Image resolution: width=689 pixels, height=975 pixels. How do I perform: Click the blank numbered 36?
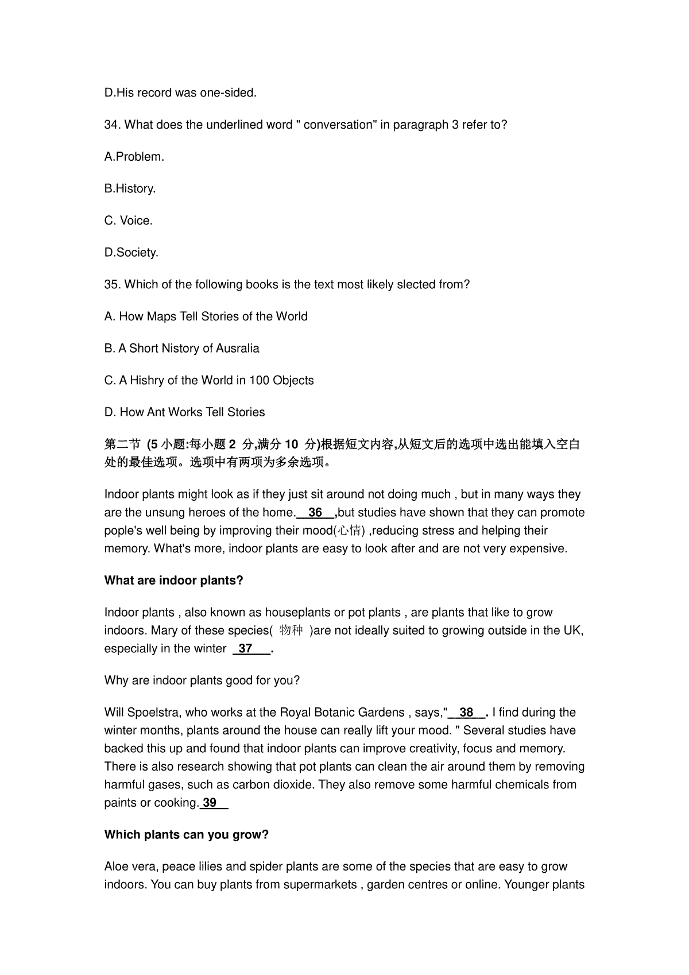point(315,513)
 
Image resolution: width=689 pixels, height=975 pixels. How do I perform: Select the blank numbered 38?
point(466,713)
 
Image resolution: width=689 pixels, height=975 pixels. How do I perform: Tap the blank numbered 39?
point(211,803)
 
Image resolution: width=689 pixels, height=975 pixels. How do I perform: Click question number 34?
point(112,125)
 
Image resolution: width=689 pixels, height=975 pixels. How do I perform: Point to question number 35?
point(112,284)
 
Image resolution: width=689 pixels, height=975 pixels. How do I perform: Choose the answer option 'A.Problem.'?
point(134,157)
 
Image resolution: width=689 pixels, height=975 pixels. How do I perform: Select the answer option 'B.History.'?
point(130,188)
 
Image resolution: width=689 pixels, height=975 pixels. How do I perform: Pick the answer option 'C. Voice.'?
point(129,220)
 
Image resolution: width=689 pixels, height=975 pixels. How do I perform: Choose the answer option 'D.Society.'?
point(131,253)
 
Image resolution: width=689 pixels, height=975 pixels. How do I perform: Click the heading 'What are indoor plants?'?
point(173,581)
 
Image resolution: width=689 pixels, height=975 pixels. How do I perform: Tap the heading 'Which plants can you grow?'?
point(186,835)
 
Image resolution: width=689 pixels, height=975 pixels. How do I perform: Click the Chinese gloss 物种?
point(291,630)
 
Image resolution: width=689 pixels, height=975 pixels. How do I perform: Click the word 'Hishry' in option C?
point(147,380)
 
